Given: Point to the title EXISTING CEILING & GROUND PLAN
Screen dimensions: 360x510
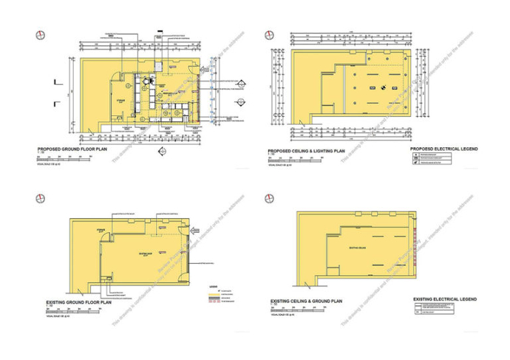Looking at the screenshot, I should click(x=306, y=302).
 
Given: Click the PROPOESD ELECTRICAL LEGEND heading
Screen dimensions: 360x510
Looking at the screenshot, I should click(x=443, y=149).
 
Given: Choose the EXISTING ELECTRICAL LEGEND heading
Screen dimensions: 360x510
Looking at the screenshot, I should click(x=443, y=299).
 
